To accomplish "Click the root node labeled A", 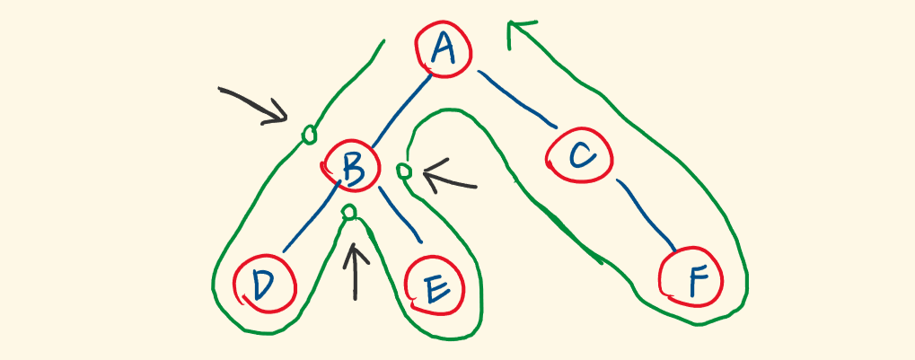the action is point(442,48).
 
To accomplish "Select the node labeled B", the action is point(351,167).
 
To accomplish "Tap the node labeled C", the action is point(581,156).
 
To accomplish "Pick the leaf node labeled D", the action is point(262,285).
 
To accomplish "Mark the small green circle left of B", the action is point(309,135).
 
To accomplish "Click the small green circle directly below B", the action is point(350,212).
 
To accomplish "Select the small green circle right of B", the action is point(404,170).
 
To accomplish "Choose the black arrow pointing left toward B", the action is point(449,180).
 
